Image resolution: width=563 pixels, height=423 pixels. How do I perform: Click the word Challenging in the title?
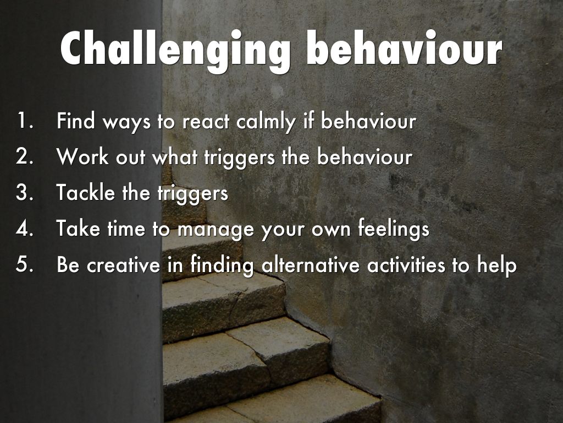tap(175, 50)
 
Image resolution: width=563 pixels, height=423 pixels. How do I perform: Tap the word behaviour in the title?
tap(404, 48)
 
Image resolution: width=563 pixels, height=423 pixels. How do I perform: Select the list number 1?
tap(25, 121)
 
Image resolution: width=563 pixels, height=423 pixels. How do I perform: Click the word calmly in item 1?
tap(266, 122)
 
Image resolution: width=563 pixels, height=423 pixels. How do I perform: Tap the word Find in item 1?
tap(76, 121)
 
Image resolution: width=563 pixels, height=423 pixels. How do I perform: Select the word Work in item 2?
tap(82, 156)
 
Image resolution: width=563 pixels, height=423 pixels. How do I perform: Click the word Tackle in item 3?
tap(85, 192)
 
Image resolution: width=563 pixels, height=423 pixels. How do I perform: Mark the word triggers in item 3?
tap(193, 194)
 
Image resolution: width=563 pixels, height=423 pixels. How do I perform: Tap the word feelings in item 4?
tap(394, 230)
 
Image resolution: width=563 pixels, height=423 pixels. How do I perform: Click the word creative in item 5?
tap(123, 265)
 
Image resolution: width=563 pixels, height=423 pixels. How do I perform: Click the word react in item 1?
tap(206, 121)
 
